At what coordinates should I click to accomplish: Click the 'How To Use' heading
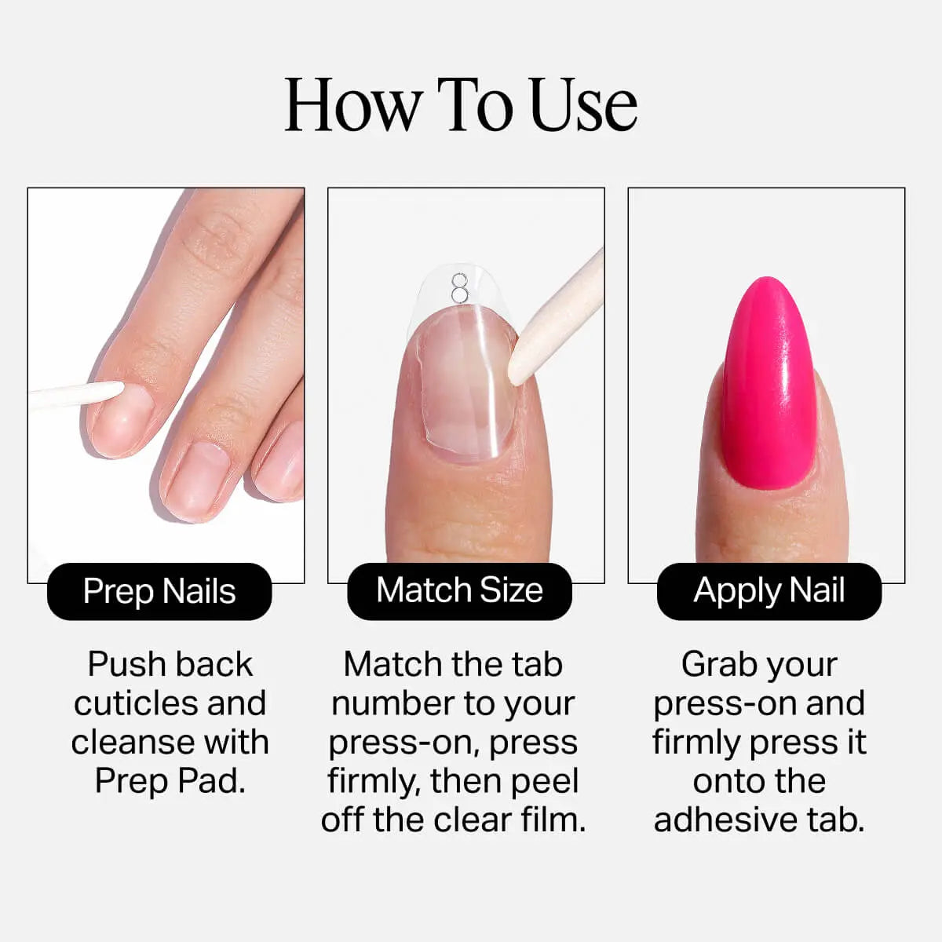tap(461, 104)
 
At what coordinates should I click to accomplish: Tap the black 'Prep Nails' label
tap(159, 591)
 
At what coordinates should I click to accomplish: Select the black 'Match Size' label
tap(459, 591)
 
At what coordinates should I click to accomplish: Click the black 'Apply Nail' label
tap(769, 591)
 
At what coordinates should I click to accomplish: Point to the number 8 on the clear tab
tap(459, 288)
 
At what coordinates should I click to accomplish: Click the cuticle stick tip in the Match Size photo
tap(513, 377)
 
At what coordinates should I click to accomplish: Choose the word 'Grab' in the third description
tap(715, 665)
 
